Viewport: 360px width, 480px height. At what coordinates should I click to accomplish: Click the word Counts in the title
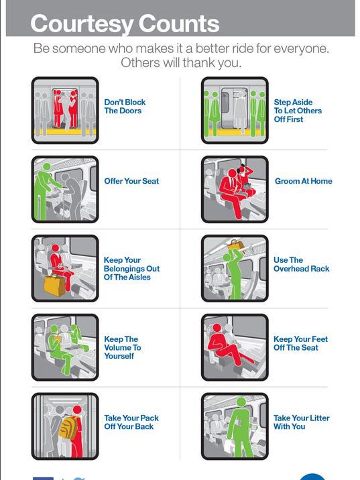(x=179, y=23)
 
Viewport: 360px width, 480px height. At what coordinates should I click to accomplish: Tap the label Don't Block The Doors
(x=125, y=107)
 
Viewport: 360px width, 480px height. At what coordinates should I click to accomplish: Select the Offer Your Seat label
(x=131, y=181)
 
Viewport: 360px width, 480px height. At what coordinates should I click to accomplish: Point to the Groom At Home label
(x=304, y=181)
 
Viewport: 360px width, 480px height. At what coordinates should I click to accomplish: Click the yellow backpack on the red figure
(x=68, y=428)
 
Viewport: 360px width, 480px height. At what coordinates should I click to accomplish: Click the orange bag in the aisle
(x=54, y=286)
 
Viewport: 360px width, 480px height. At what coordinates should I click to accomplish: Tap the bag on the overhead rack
(x=235, y=244)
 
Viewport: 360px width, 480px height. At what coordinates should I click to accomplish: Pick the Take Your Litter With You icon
(x=235, y=426)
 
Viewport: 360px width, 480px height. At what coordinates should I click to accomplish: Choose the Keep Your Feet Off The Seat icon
(x=235, y=347)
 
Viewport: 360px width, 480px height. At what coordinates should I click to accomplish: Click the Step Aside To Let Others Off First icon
(x=235, y=110)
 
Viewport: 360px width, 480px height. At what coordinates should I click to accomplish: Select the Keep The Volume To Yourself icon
(x=65, y=347)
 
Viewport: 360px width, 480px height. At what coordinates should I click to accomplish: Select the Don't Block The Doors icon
(x=65, y=110)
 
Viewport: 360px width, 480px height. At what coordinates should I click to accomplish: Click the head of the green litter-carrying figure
(x=241, y=402)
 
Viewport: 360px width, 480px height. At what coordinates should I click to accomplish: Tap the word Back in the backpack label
(x=144, y=426)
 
